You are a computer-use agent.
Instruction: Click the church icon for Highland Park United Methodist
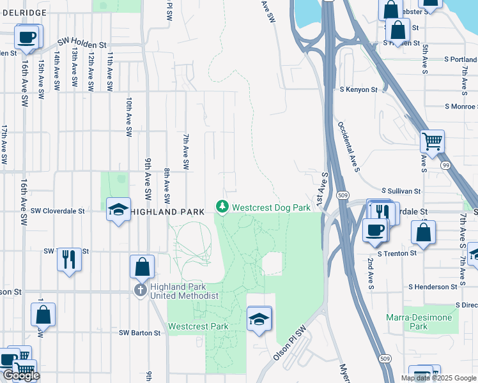pos(141,290)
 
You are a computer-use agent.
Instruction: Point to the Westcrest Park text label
pos(198,326)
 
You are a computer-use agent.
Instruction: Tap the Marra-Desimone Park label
pos(419,322)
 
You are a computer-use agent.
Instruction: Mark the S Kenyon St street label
pos(358,90)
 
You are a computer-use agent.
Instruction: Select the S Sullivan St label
pos(401,191)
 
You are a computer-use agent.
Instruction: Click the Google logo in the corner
pos(21,375)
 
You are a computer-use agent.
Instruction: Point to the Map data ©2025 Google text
pos(438,378)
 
